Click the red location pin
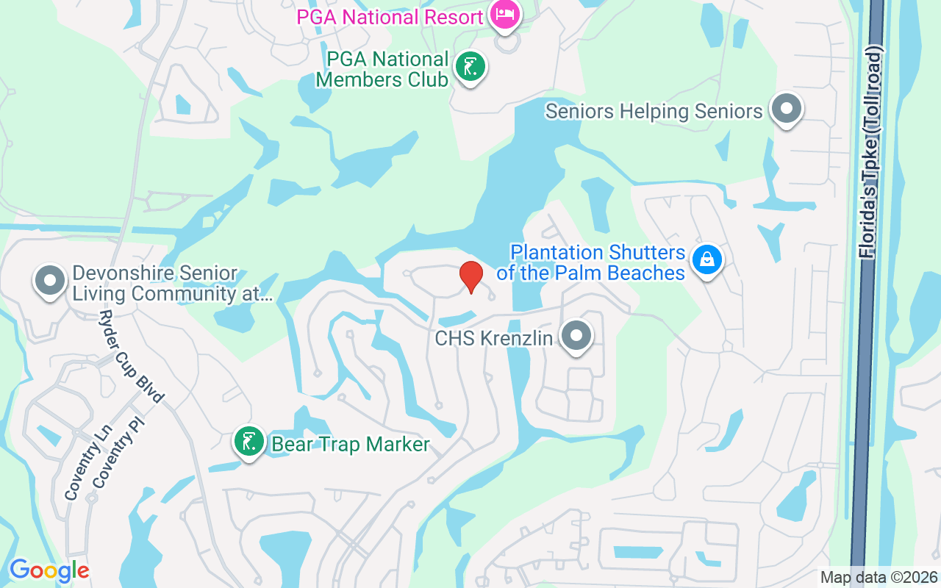[x=470, y=276]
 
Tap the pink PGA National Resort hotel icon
[x=505, y=14]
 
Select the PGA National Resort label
[x=390, y=17]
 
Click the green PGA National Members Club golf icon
[x=470, y=68]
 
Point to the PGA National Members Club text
[x=382, y=69]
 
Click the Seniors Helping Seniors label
[x=654, y=112]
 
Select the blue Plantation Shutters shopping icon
[x=706, y=259]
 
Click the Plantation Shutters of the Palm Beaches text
[x=592, y=262]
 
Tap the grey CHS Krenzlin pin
[x=576, y=336]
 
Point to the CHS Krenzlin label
[x=493, y=339]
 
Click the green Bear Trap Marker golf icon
[x=249, y=442]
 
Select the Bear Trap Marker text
[x=350, y=445]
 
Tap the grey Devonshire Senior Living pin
[x=51, y=281]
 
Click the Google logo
[x=49, y=570]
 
